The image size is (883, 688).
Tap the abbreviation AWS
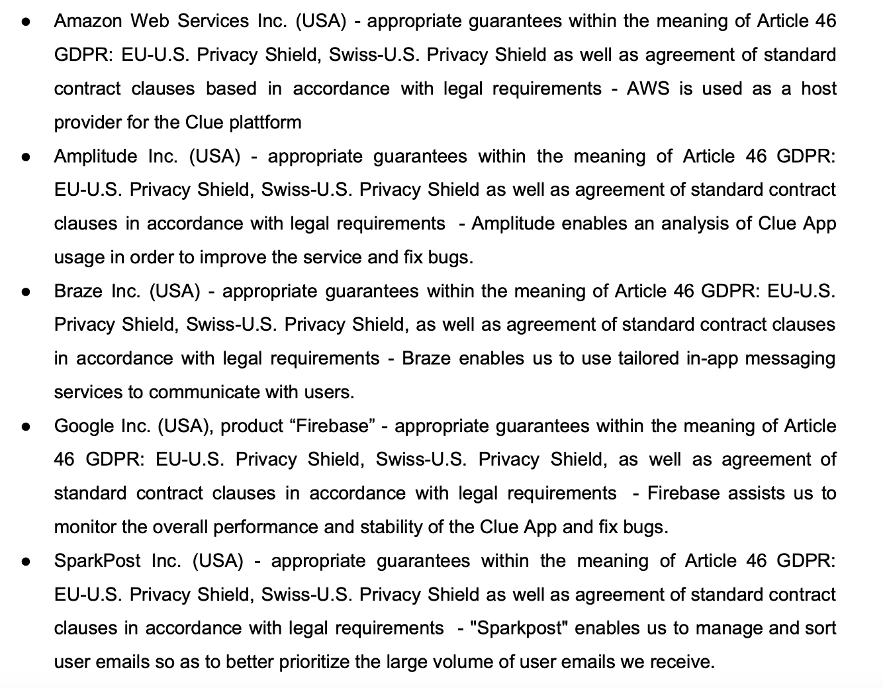648,89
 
